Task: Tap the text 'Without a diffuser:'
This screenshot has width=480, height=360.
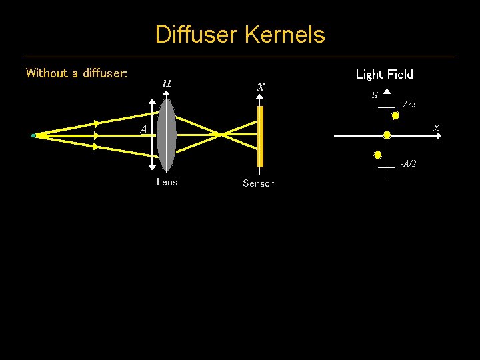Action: (77, 73)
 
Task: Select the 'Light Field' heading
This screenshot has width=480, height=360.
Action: (384, 74)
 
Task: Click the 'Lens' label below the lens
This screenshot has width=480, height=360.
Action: (167, 182)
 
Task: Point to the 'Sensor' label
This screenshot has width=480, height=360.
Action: (258, 183)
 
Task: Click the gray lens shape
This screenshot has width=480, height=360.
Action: (167, 135)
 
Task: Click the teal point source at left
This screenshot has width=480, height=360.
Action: (33, 135)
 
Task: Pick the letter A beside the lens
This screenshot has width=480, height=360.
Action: (143, 129)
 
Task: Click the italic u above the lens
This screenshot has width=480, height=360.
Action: (166, 84)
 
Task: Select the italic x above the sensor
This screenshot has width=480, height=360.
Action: (261, 86)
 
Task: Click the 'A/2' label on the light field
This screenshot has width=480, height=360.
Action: (409, 105)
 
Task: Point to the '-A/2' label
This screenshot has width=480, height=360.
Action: (407, 164)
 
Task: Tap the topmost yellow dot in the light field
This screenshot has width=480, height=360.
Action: (395, 115)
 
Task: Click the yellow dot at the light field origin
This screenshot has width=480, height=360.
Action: (387, 135)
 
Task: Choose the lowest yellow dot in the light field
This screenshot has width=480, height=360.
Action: (377, 155)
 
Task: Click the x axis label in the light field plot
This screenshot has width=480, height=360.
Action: (436, 127)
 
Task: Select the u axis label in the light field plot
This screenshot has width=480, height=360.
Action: (375, 95)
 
